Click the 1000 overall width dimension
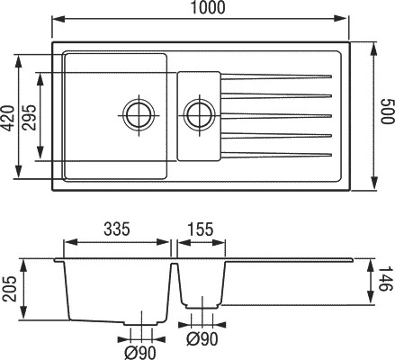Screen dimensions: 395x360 coord(208,7)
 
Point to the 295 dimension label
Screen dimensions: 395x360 coord(30,117)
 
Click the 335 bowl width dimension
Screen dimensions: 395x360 coord(117,229)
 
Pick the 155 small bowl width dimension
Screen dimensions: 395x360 coord(201,229)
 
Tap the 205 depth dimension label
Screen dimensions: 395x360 coord(9,289)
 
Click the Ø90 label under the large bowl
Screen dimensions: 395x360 coord(140,353)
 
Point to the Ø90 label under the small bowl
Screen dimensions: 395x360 coord(202,339)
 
